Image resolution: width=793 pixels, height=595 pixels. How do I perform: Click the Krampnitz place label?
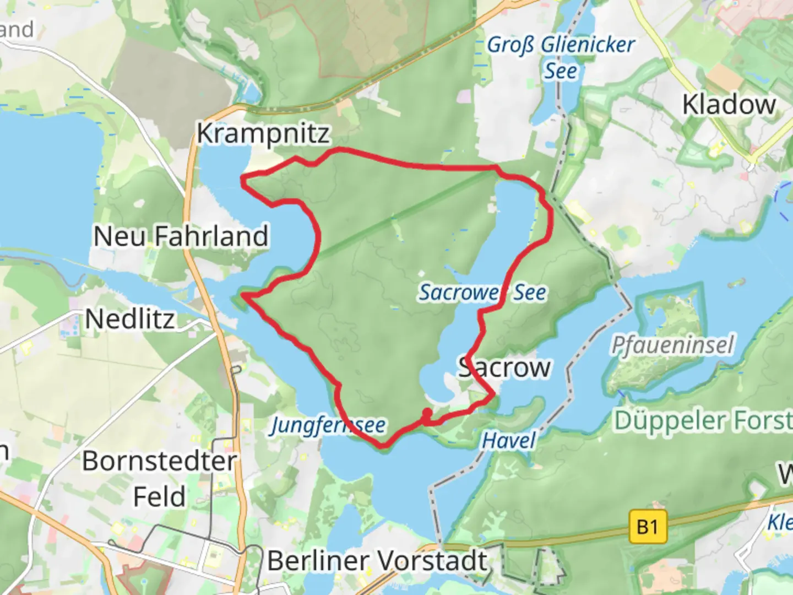point(263,133)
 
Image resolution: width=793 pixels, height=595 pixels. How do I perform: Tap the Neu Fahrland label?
point(181,236)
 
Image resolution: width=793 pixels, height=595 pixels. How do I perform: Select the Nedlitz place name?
point(130,319)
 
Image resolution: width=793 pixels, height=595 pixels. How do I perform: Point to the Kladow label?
point(729,105)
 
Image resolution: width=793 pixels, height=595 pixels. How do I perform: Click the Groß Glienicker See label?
point(561,57)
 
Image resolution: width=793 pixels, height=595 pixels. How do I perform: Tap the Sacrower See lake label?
point(482,293)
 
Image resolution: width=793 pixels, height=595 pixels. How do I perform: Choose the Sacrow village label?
point(504,367)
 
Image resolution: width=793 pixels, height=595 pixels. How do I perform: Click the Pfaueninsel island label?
point(672,345)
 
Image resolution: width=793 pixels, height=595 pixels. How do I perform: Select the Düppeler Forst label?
point(703,420)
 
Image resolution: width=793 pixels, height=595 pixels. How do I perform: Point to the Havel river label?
point(508,440)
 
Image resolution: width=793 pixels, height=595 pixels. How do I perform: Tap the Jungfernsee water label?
point(328,425)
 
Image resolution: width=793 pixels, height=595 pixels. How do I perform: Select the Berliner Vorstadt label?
point(378,561)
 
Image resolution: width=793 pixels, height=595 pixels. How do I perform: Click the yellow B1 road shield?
point(648,527)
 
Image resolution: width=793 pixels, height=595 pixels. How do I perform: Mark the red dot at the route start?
point(426,412)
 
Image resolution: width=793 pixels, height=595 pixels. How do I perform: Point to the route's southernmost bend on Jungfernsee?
point(383,445)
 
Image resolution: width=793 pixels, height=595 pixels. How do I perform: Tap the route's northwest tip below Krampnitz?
point(243,177)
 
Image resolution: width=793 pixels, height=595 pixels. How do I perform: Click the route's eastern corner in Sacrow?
point(492,393)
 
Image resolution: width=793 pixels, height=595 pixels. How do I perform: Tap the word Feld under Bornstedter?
point(159,496)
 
